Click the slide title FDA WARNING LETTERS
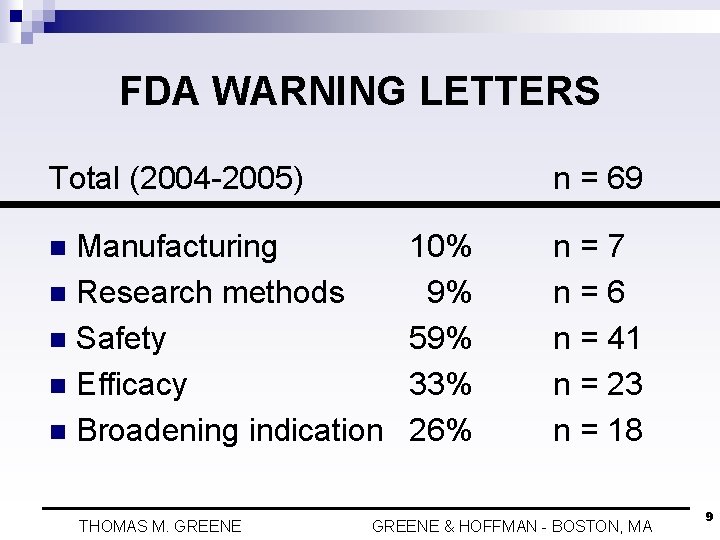point(360,90)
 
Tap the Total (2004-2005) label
point(176,179)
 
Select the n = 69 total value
point(598,178)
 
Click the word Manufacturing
point(177,247)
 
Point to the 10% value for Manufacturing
point(441,246)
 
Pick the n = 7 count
point(589,246)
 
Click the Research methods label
point(211,292)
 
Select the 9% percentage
point(449,292)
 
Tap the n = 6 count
point(589,292)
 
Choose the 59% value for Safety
point(440,338)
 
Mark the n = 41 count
point(597,338)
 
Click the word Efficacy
point(132,385)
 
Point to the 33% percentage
point(440,384)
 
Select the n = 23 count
point(598,384)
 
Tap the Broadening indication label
point(230,431)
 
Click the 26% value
point(440,430)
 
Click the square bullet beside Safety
point(58,340)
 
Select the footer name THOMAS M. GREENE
point(160,526)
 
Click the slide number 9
point(709,517)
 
